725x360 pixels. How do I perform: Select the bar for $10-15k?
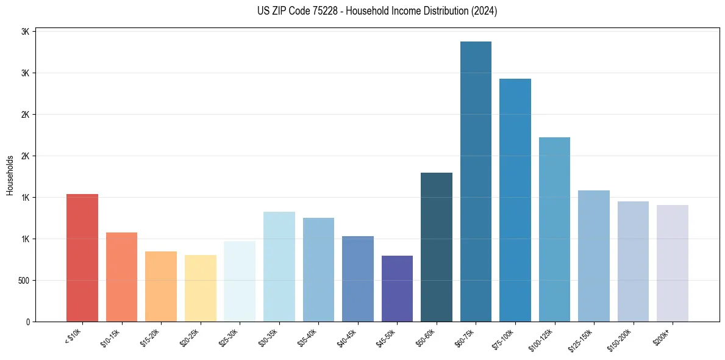pyautogui.click(x=121, y=277)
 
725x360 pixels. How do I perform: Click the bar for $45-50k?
pyautogui.click(x=397, y=289)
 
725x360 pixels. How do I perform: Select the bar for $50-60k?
pyautogui.click(x=437, y=247)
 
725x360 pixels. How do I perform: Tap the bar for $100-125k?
pyautogui.click(x=554, y=229)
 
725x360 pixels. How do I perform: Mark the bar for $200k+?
pyautogui.click(x=672, y=263)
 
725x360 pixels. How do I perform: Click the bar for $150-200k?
pyautogui.click(x=633, y=261)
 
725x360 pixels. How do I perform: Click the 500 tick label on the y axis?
pyautogui.click(x=24, y=281)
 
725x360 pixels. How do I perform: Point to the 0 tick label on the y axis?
pyautogui.click(x=27, y=322)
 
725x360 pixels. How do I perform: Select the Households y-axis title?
pyautogui.click(x=10, y=176)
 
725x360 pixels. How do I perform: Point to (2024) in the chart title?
pyautogui.click(x=485, y=11)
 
